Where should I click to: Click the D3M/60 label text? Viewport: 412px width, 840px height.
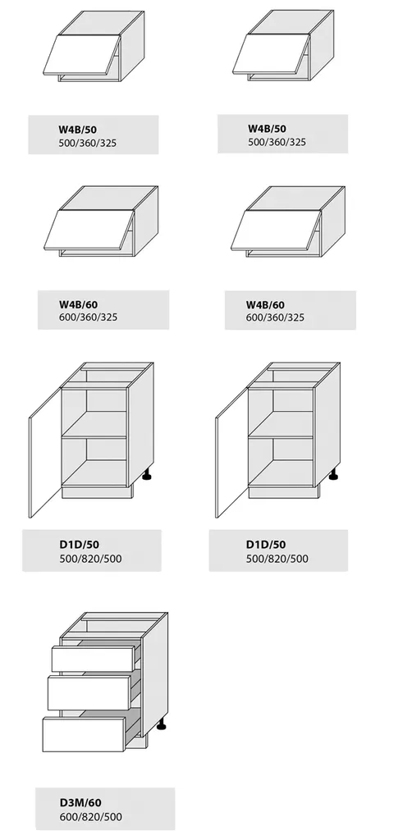click(80, 802)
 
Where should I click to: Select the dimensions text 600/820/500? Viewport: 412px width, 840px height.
click(90, 817)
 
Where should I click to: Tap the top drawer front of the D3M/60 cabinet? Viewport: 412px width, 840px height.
click(93, 659)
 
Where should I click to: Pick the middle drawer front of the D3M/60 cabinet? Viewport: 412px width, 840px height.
click(89, 692)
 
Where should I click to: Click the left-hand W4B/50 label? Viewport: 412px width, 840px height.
click(78, 129)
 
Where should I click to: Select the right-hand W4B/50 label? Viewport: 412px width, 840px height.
click(267, 129)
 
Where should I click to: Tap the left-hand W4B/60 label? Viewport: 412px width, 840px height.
click(78, 304)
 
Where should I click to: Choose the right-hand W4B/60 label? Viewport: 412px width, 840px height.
click(265, 305)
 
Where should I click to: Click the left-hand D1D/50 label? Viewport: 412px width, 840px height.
click(80, 545)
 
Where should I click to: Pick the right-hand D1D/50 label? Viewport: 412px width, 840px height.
click(266, 545)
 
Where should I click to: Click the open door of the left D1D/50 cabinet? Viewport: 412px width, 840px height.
click(45, 453)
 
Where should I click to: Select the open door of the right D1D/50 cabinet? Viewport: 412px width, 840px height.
click(232, 453)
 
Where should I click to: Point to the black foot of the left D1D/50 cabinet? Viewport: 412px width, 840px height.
click(148, 475)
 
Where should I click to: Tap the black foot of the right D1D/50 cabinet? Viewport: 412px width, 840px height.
click(334, 475)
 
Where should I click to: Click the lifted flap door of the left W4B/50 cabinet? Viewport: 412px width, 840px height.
click(82, 55)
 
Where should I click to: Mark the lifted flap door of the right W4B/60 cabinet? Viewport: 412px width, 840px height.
click(276, 231)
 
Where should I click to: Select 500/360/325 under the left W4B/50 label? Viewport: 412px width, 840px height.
click(88, 143)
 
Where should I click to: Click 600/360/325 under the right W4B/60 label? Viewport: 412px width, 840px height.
click(276, 317)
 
